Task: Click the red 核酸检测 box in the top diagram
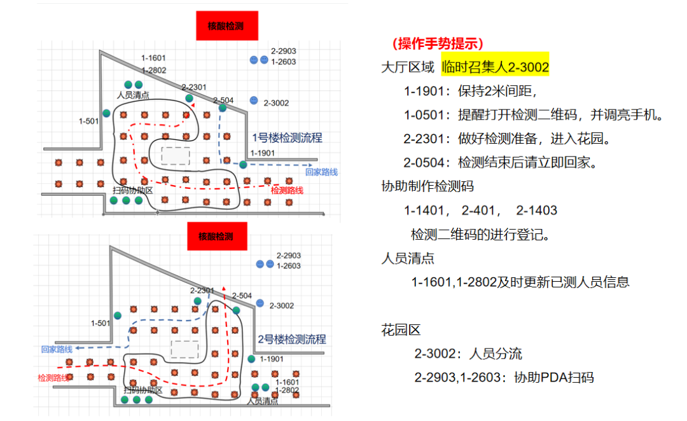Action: (x=225, y=26)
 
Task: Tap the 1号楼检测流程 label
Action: (x=287, y=137)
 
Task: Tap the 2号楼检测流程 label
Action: (x=292, y=339)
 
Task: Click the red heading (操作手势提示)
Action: (x=438, y=43)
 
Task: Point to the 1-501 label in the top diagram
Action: (x=88, y=120)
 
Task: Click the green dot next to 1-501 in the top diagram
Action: (x=106, y=113)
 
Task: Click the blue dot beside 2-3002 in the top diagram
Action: (x=253, y=100)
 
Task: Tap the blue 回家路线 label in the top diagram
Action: (x=321, y=172)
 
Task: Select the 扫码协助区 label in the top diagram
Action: (x=132, y=190)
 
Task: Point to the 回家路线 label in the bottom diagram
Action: (x=57, y=349)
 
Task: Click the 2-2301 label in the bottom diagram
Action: (x=202, y=290)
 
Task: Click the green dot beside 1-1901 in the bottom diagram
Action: (x=251, y=359)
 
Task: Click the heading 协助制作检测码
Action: (x=427, y=186)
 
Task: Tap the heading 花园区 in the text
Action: (x=401, y=330)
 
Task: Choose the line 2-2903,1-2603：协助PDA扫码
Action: (x=504, y=377)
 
